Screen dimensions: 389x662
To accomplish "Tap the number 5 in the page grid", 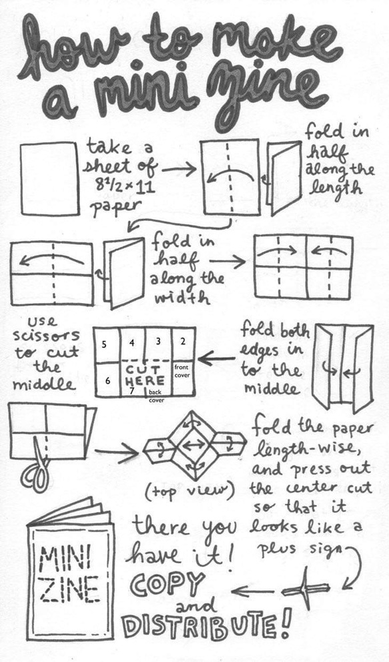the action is [x=105, y=344].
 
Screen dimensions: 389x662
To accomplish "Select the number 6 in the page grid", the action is [x=108, y=381].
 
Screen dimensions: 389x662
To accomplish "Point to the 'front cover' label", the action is [x=181, y=371].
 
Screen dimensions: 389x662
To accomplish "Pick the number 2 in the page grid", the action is [x=183, y=342].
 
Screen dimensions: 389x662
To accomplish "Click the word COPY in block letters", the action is [x=168, y=584].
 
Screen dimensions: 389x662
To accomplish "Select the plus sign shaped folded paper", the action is [x=306, y=587].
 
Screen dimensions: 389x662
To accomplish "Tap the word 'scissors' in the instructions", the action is [x=46, y=336].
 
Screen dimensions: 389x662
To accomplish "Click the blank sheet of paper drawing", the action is [x=49, y=178].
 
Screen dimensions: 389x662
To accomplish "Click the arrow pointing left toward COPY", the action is [x=252, y=591].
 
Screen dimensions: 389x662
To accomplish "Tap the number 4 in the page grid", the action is [x=132, y=343].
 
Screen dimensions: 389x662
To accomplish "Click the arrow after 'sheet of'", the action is [x=179, y=170].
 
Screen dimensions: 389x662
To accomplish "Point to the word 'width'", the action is [x=181, y=298].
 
